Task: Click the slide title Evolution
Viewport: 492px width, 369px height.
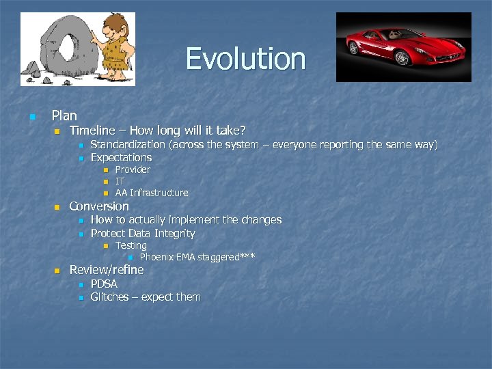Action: [x=245, y=59]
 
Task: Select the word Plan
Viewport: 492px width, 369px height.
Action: [x=64, y=115]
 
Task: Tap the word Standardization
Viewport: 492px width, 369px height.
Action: [x=128, y=144]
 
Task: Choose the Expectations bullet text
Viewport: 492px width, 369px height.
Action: [x=121, y=157]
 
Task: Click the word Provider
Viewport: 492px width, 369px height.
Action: [x=133, y=169]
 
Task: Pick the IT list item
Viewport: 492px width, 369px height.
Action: [x=120, y=181]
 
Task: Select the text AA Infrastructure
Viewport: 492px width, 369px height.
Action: [x=151, y=193]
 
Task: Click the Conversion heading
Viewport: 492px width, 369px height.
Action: [x=99, y=206]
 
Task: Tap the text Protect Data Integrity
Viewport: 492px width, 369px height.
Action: [x=142, y=233]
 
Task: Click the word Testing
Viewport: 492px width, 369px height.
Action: [x=131, y=245]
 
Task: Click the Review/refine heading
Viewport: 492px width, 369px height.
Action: [x=107, y=270]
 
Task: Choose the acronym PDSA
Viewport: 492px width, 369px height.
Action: [x=104, y=284]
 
